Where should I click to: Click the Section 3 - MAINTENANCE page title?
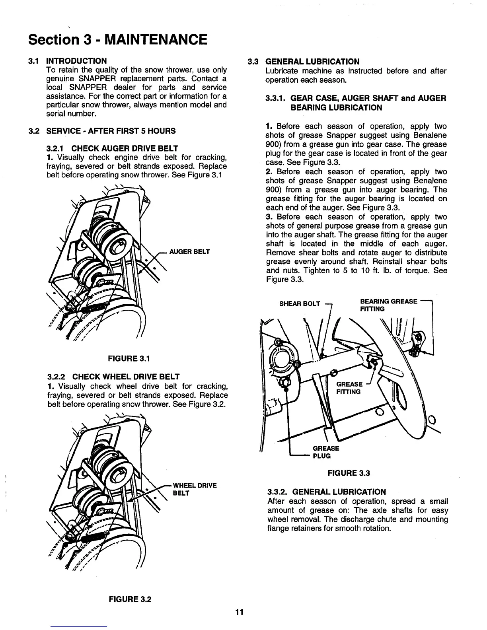click(x=117, y=40)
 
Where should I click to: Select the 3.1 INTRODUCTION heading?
click(x=76, y=61)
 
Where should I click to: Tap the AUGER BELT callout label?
click(x=189, y=252)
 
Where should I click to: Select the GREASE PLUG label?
click(x=326, y=452)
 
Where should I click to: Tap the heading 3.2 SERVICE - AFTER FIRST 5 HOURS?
click(x=111, y=131)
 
